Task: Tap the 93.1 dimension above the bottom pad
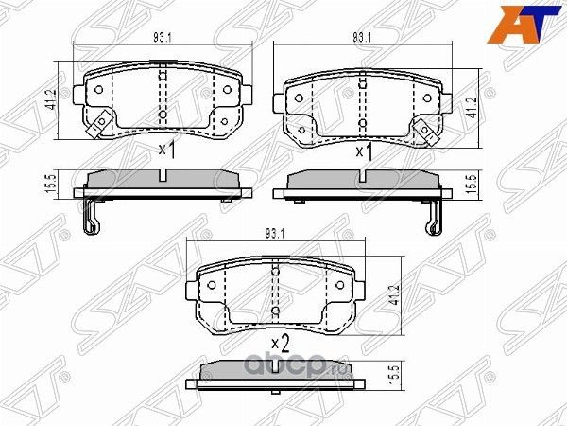(275, 234)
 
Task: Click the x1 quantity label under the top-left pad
(166, 149)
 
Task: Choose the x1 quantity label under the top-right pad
(364, 151)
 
